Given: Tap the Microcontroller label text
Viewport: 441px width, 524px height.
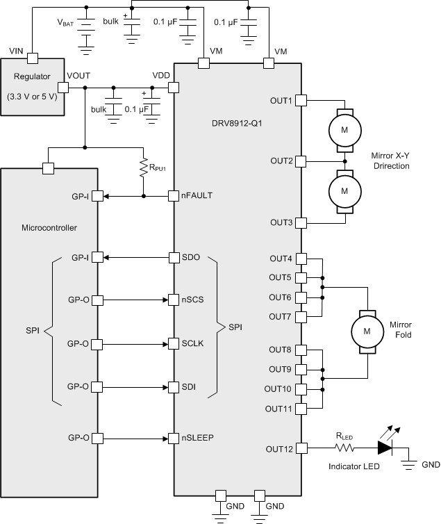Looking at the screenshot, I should [x=49, y=227].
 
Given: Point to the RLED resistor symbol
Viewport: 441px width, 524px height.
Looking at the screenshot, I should [x=345, y=448].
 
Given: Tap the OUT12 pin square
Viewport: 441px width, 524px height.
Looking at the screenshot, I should [x=301, y=448].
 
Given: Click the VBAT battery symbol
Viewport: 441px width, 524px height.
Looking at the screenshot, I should [x=87, y=28].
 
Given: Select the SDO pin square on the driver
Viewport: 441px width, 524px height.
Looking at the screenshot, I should [x=174, y=258].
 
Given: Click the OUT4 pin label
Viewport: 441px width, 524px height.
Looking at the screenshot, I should [x=281, y=259].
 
